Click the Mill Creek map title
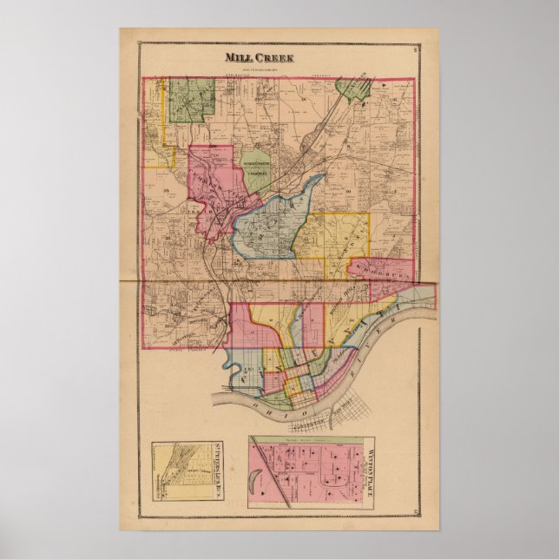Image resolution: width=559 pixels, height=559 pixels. pyautogui.click(x=260, y=58)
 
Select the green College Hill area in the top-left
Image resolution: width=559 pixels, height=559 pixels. pyautogui.click(x=190, y=100)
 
